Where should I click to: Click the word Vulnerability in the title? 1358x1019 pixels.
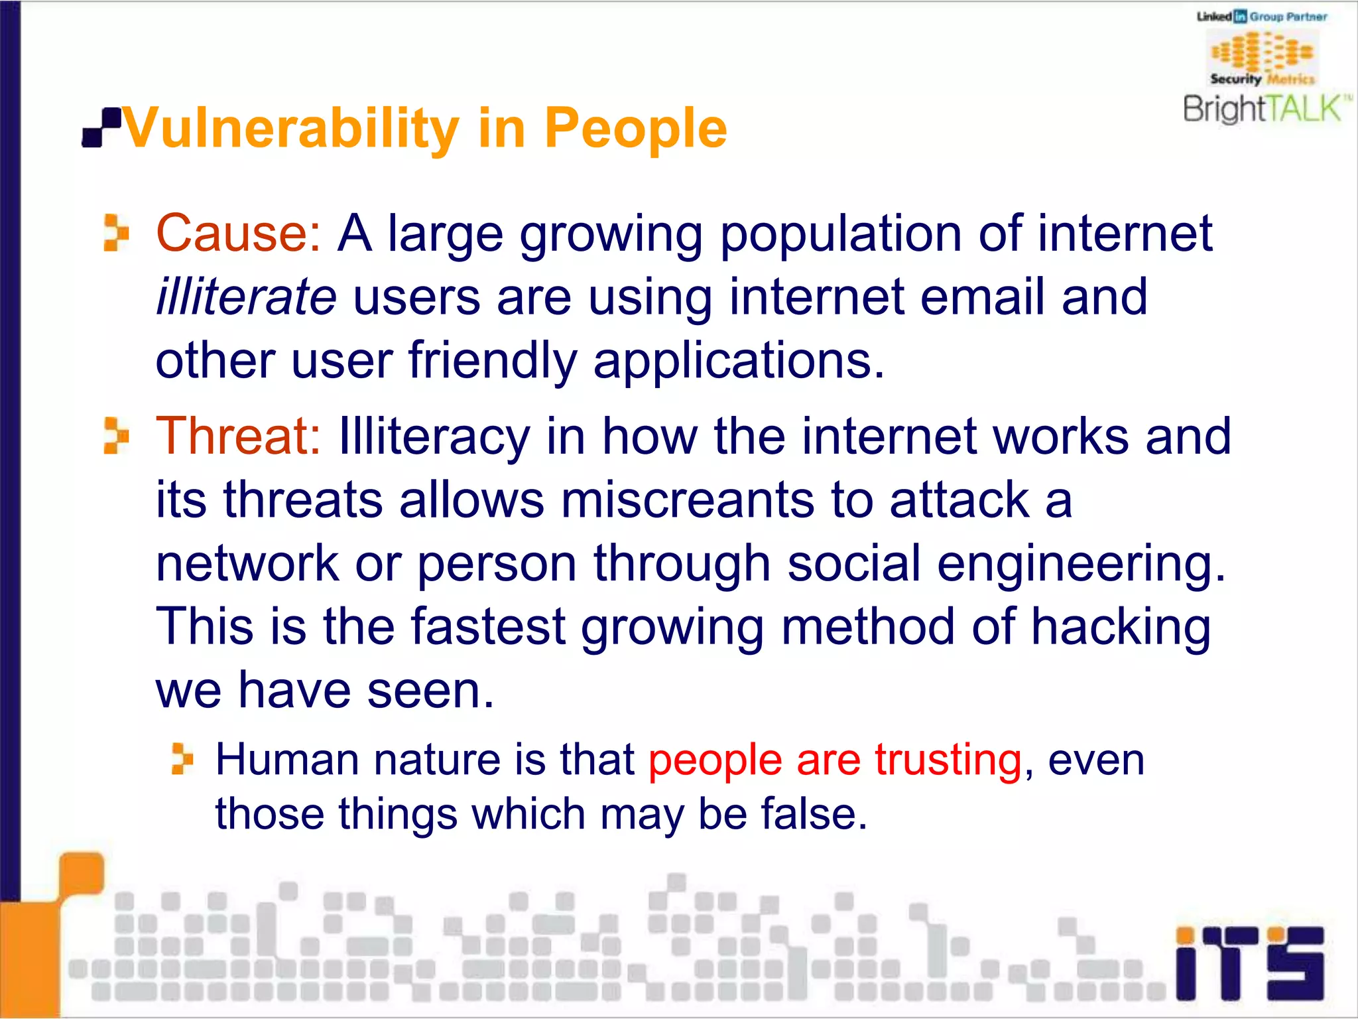pos(290,129)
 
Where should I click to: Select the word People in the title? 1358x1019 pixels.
pos(635,129)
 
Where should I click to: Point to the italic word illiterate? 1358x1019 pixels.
pos(246,297)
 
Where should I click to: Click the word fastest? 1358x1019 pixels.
pos(488,628)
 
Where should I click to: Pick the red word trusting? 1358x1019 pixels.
pos(948,760)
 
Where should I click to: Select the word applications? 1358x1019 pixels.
pos(739,362)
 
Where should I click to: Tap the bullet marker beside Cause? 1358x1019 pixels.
pos(116,233)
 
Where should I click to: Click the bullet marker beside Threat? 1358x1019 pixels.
pos(116,436)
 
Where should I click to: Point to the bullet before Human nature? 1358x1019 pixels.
pos(182,759)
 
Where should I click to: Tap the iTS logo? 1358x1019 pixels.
pos(1249,963)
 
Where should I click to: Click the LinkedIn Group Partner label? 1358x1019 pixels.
pos(1262,17)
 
